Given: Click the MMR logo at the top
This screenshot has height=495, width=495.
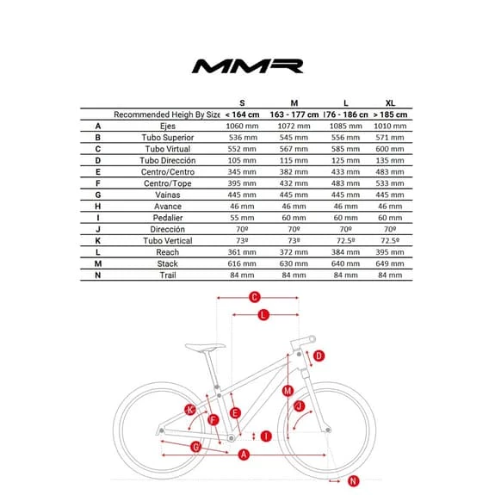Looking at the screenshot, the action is (247, 65).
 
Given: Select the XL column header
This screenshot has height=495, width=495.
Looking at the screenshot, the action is (391, 102).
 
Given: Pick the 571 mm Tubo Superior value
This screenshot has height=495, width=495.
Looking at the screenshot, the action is (391, 138).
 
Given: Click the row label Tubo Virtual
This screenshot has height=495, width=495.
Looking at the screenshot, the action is (167, 149).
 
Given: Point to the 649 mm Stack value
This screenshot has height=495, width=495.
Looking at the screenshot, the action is (391, 264).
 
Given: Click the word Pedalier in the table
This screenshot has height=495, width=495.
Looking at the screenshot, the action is (167, 218).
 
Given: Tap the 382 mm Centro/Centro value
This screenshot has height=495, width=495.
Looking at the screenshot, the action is (294, 172).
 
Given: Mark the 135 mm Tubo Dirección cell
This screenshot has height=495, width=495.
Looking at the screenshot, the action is (391, 160).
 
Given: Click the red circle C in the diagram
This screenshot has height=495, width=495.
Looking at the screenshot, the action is (255, 298).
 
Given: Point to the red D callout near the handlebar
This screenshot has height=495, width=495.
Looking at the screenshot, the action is (319, 356).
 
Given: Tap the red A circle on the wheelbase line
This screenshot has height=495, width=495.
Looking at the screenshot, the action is (244, 455).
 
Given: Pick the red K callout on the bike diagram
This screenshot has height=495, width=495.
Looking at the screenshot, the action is (191, 409).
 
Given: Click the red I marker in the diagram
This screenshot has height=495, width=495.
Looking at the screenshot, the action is (266, 436).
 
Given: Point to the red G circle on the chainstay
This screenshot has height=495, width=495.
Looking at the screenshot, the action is (196, 447).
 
